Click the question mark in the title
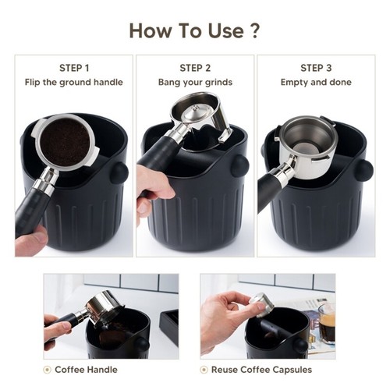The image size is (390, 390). [253, 30]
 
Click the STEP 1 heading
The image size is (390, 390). [74, 68]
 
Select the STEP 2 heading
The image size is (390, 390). [195, 68]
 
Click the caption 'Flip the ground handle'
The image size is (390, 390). [74, 82]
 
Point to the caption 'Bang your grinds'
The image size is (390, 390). [195, 82]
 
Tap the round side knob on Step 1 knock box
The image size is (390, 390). [119, 172]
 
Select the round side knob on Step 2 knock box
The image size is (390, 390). [239, 165]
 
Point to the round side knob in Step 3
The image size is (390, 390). [363, 169]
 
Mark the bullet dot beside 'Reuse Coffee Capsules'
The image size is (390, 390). [204, 369]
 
